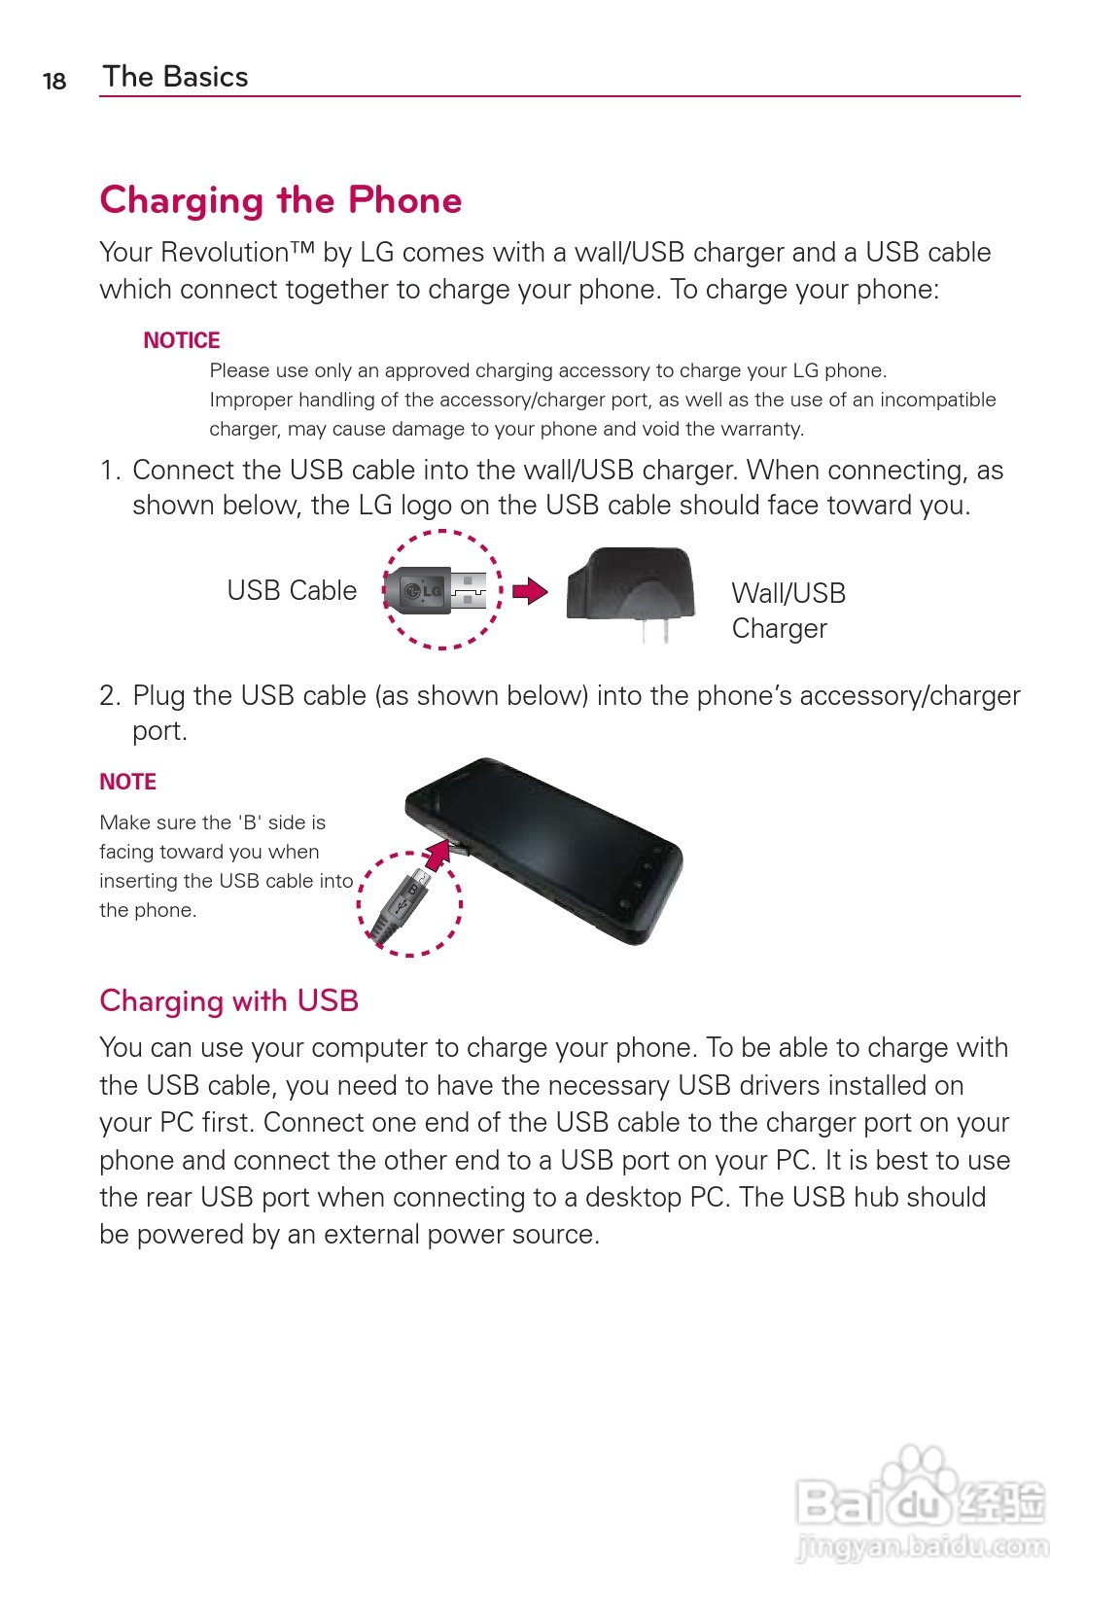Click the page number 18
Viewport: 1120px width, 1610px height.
pyautogui.click(x=54, y=81)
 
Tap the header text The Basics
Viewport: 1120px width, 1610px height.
pyautogui.click(x=175, y=77)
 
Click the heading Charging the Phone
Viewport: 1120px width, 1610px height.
pyautogui.click(x=281, y=200)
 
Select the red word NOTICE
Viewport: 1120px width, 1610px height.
pyautogui.click(x=182, y=340)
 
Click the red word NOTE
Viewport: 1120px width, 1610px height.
pyautogui.click(x=127, y=782)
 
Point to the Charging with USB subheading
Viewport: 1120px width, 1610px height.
pyautogui.click(x=229, y=1000)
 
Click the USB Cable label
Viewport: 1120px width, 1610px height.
pyautogui.click(x=292, y=590)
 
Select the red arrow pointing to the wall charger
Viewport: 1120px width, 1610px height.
pyautogui.click(x=530, y=590)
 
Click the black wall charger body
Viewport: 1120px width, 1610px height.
pyautogui.click(x=632, y=583)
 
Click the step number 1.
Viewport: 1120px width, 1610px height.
pyautogui.click(x=109, y=471)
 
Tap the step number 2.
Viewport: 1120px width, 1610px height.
pyautogui.click(x=109, y=696)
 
